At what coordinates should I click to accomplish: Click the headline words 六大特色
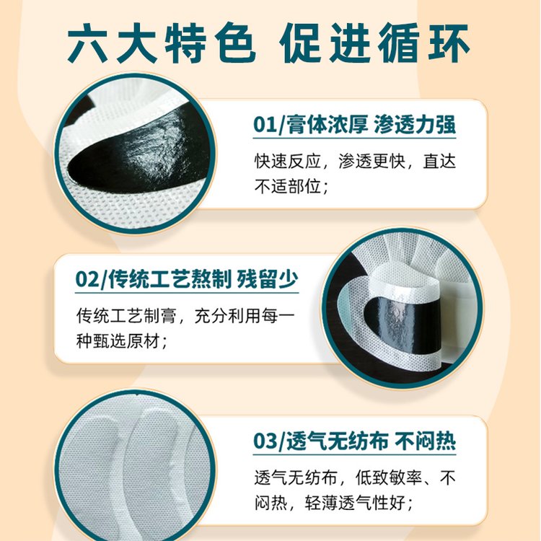point(162,43)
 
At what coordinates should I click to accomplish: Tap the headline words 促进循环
point(374,43)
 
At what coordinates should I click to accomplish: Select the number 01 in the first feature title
point(265,125)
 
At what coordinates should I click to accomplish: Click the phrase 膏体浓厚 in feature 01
point(325,124)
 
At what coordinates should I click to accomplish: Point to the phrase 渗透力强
point(415,124)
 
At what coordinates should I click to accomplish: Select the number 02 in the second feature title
point(87,279)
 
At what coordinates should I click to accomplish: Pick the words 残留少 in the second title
point(268,278)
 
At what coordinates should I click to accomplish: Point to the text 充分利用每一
point(245,315)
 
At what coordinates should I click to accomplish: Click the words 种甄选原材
point(118,341)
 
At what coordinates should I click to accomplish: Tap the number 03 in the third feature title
point(265,441)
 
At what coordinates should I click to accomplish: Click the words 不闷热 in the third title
point(425,440)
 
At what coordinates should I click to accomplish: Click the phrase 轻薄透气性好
point(355,503)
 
